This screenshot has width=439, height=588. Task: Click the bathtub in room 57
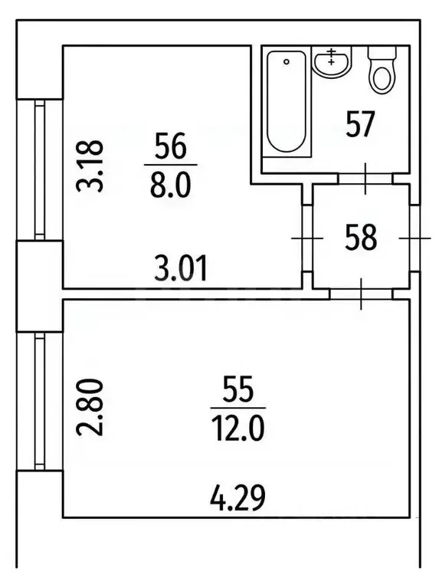287,102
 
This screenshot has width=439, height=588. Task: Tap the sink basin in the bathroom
332,62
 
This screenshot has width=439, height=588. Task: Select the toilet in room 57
382,70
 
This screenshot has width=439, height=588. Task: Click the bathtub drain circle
287,62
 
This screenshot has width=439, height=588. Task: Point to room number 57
360,124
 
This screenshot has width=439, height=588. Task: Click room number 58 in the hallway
361,238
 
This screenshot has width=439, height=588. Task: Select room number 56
171,146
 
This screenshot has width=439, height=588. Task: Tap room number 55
238,389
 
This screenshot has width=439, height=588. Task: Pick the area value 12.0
238,429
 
